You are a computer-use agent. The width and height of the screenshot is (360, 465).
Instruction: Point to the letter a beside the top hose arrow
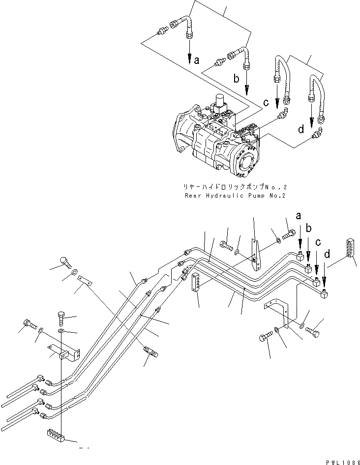[197, 60]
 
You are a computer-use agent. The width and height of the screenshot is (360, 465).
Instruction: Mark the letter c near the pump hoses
[266, 103]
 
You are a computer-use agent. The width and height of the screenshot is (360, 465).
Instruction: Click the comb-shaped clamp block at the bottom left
[56, 434]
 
